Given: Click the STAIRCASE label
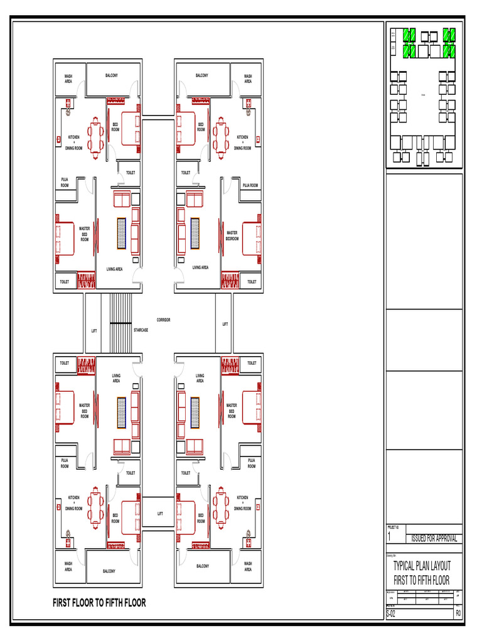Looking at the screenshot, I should point(141,330).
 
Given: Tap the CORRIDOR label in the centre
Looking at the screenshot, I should point(163,320).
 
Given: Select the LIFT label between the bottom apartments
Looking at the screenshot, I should point(160,514).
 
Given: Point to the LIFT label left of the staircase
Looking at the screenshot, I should point(94,330).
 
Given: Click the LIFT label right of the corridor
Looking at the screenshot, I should point(225,324).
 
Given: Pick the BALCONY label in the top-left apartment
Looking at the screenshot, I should point(111,75).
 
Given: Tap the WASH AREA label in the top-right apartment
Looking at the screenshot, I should point(248,78).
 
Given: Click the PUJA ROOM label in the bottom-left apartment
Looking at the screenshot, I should point(65,463).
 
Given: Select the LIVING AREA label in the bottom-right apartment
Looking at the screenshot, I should point(200,378).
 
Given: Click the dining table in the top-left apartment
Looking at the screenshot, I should point(95,136).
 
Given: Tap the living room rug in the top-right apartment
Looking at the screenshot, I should point(195,233).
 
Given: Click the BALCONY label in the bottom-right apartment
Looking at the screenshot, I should point(203,566).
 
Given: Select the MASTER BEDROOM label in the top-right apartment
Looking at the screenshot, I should point(232,235).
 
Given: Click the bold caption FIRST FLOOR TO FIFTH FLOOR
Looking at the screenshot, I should point(99,603).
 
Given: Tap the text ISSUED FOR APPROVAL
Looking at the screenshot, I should point(434,539).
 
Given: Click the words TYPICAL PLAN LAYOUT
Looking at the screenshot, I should point(422,566).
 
